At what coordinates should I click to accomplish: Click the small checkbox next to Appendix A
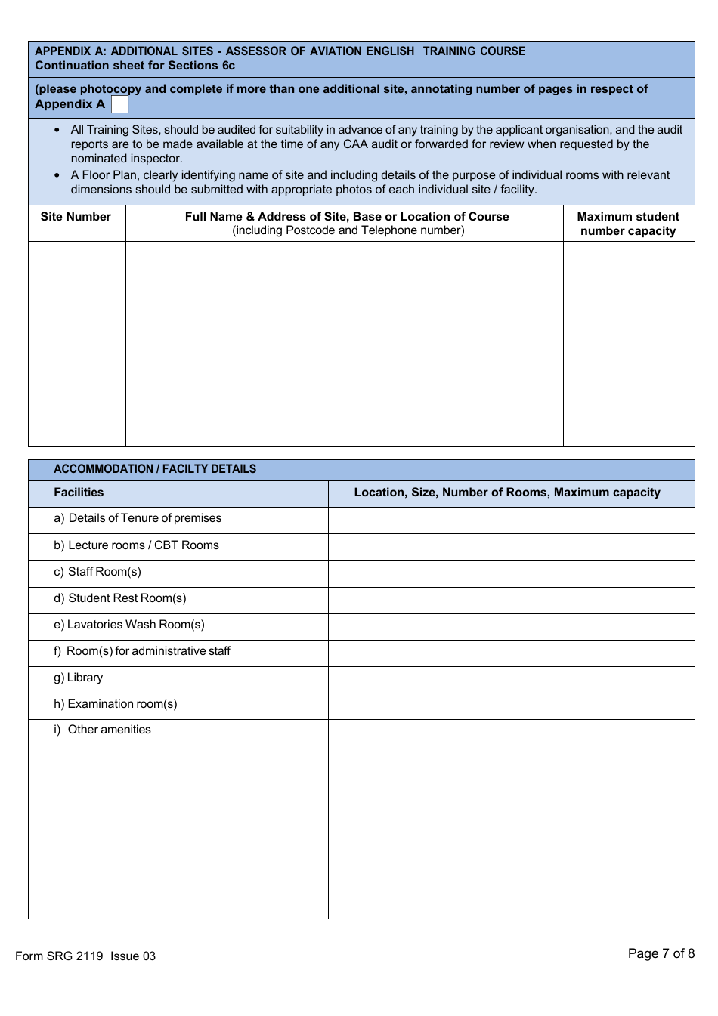coord(120,104)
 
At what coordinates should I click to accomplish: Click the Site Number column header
coord(76,217)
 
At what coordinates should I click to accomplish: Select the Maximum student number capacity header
coord(628,224)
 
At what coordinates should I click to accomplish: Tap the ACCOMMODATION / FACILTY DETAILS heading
coord(155,469)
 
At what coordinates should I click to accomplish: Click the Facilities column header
coord(79,493)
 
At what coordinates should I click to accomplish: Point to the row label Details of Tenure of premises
coord(138,518)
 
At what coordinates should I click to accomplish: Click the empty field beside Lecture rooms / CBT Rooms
coord(511,547)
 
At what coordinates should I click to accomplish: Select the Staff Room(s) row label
coord(97,572)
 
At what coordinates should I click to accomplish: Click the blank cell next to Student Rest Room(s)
coord(511,601)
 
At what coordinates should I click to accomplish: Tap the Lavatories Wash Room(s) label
coord(129,625)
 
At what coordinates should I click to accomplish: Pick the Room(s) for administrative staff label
coord(142,651)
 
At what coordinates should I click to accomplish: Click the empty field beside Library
coord(511,680)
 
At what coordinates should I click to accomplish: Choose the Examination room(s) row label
coord(116,704)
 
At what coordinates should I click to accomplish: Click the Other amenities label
coord(103,730)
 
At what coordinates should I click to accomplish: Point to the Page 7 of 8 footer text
coord(661,953)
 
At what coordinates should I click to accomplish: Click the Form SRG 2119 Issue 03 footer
coord(85,956)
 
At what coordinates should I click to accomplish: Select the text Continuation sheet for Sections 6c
coord(135,66)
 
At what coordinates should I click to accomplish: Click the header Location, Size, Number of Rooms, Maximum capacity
coord(507,493)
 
